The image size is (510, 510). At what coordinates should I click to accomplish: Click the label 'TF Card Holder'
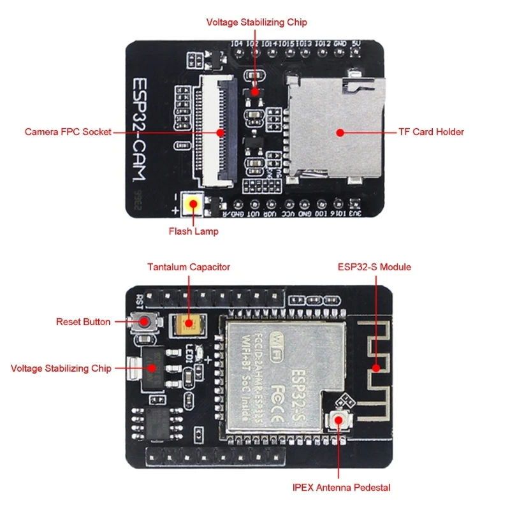click(x=431, y=132)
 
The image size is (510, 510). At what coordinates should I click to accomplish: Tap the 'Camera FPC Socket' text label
click(x=68, y=132)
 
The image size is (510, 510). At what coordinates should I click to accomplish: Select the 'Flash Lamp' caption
click(x=193, y=231)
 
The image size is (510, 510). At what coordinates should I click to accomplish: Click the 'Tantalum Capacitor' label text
click(x=189, y=267)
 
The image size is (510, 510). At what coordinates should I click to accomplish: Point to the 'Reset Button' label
click(x=84, y=322)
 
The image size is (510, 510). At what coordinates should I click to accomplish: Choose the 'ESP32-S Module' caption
click(x=375, y=267)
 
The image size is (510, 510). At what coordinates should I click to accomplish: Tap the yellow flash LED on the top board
click(x=192, y=205)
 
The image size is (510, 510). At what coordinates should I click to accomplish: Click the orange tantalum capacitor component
click(x=187, y=326)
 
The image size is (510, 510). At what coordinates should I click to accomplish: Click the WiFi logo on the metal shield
click(x=278, y=334)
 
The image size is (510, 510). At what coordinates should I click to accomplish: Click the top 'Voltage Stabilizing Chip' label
click(x=256, y=22)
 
